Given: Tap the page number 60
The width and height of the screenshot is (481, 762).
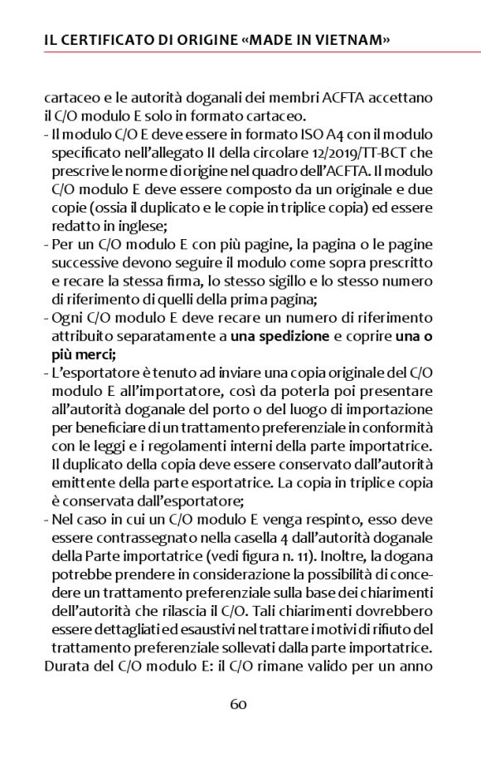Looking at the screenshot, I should pos(239,704).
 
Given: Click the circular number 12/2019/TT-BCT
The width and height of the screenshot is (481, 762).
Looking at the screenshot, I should pos(341,153).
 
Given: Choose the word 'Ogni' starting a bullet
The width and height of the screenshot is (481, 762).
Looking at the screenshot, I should pos(67,316).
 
